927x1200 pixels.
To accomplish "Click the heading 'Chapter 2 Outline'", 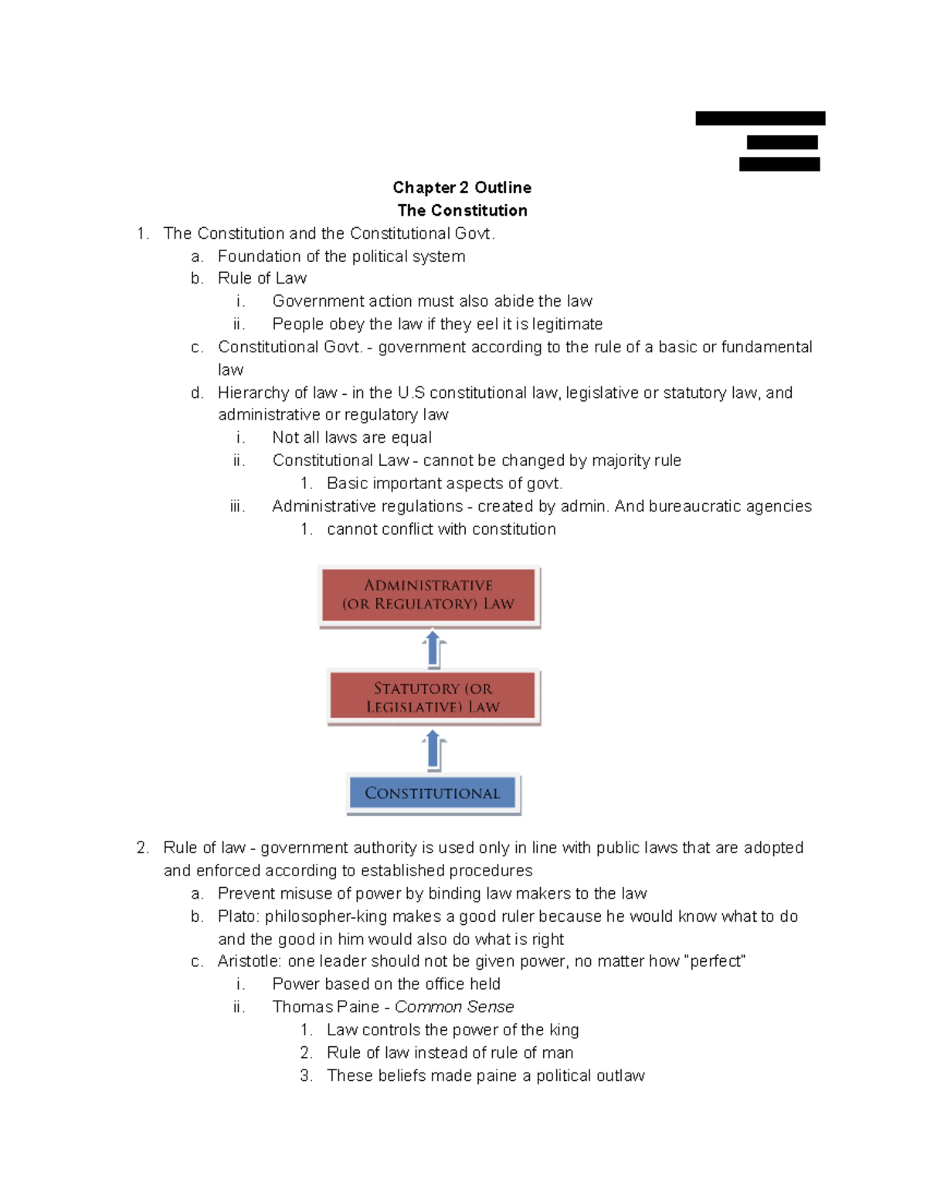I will point(462,188).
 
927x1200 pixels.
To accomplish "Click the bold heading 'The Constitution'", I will point(462,210).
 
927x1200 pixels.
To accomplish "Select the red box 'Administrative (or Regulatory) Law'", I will point(429,595).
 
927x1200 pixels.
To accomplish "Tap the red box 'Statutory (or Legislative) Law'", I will point(433,698).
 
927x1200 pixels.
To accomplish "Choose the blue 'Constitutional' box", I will point(433,794).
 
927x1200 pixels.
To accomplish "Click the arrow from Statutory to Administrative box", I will point(433,649).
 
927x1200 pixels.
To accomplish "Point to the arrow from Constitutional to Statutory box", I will point(433,750).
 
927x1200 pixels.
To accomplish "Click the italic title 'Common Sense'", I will point(454,1007).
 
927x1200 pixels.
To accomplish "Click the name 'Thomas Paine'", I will point(325,1007).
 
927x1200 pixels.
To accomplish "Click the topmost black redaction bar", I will point(760,118).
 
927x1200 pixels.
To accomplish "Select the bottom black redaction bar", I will point(779,164).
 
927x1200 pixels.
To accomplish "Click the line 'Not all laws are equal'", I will point(351,437).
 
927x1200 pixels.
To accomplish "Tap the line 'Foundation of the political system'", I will point(341,257).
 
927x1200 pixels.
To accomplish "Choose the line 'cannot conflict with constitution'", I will point(441,529).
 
